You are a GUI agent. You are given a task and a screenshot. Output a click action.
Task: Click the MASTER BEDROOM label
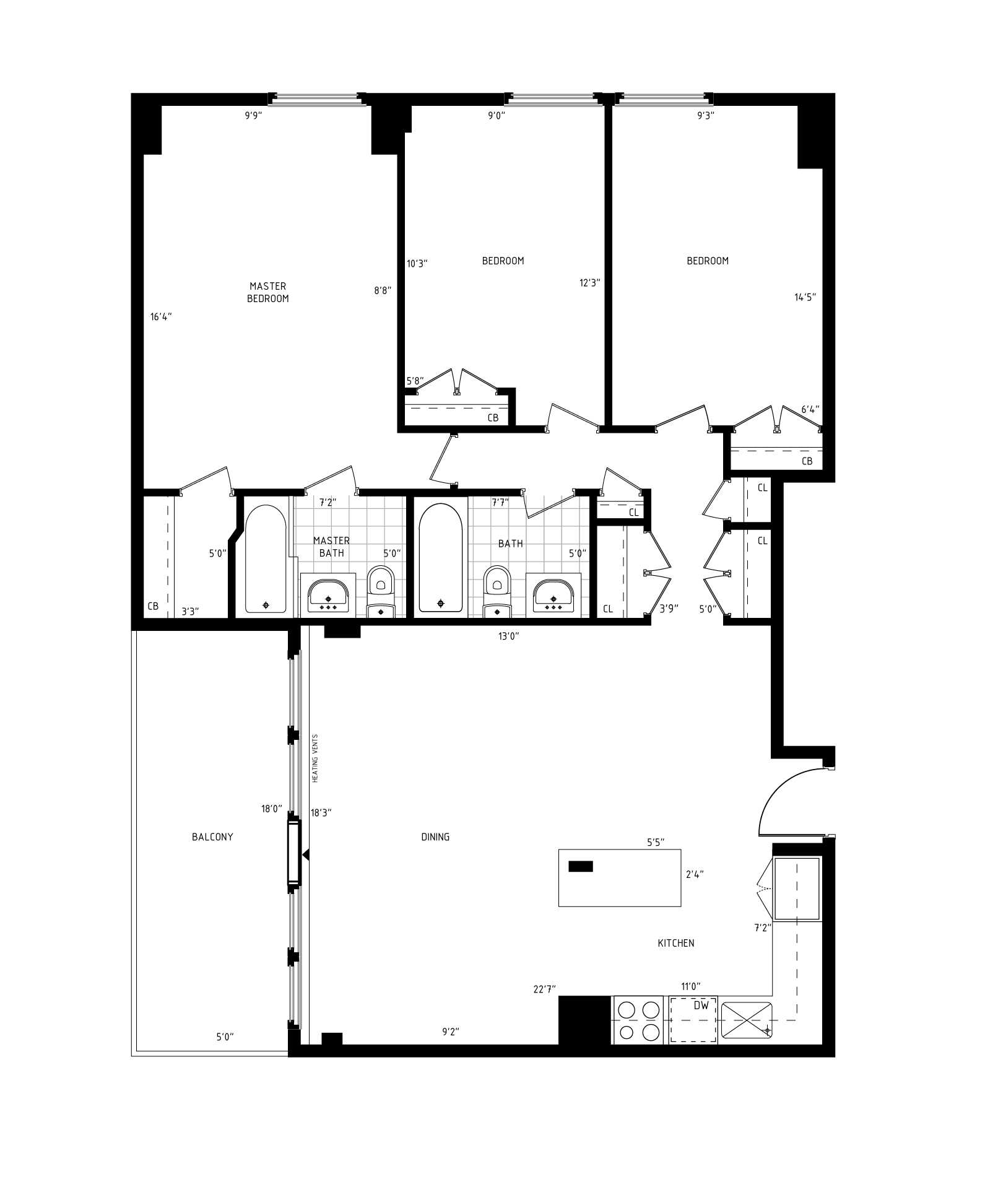tap(268, 292)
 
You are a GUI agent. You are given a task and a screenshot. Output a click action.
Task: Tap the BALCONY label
tap(212, 837)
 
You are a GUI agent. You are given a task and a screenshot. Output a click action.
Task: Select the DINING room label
tap(435, 837)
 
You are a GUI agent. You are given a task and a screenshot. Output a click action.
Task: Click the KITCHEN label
tap(676, 943)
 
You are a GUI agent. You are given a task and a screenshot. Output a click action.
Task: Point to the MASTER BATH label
tap(331, 547)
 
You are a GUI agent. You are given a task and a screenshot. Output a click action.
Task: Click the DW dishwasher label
tap(701, 1006)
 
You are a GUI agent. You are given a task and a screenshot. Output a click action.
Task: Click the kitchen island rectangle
tap(620, 878)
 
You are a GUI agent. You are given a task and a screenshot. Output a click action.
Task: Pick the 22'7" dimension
tap(545, 989)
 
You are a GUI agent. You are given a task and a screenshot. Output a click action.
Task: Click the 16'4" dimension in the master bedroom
tap(161, 317)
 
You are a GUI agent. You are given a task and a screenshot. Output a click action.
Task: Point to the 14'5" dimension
tap(805, 297)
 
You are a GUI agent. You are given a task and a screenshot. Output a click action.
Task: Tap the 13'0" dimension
tap(508, 636)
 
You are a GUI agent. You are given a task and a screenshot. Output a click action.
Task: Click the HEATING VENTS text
tap(315, 758)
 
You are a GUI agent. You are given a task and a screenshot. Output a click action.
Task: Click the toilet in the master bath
tap(380, 591)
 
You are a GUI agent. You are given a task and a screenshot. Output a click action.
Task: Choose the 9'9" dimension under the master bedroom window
tap(254, 115)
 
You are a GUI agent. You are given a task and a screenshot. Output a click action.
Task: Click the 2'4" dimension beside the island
tap(695, 875)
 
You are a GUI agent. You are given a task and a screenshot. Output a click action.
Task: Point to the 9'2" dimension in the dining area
tap(451, 1032)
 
